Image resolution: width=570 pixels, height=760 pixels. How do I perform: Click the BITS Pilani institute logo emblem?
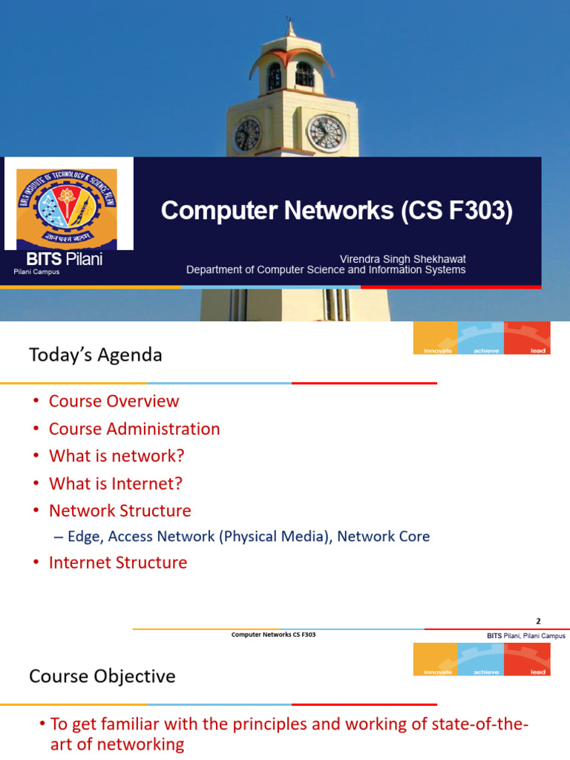pyautogui.click(x=69, y=207)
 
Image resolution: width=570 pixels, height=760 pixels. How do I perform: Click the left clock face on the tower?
pyautogui.click(x=247, y=134)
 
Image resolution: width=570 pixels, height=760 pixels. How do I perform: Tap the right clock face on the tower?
pyautogui.click(x=327, y=133)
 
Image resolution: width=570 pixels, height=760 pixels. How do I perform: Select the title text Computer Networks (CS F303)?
pyautogui.click(x=336, y=212)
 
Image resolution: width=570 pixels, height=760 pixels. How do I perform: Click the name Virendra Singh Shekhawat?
pyautogui.click(x=402, y=258)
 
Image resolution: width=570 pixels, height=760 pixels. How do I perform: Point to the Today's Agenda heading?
pyautogui.click(x=95, y=355)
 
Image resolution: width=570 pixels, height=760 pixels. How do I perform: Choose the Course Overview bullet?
pyautogui.click(x=114, y=401)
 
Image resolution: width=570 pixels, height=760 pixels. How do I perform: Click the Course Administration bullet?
pyautogui.click(x=134, y=428)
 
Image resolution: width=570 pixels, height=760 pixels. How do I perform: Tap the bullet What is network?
pyautogui.click(x=117, y=456)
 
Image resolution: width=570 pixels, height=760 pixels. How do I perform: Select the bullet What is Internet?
pyautogui.click(x=115, y=483)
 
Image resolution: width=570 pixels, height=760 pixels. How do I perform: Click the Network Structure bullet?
pyautogui.click(x=119, y=511)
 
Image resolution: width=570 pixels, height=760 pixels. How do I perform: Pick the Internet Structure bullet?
pyautogui.click(x=118, y=563)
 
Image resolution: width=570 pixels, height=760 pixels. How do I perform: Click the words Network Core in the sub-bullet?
pyautogui.click(x=383, y=536)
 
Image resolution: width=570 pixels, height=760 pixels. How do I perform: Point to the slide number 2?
pyautogui.click(x=539, y=621)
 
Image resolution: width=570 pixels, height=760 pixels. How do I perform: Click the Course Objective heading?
pyautogui.click(x=102, y=676)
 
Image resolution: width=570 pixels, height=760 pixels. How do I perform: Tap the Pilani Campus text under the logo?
pyautogui.click(x=36, y=272)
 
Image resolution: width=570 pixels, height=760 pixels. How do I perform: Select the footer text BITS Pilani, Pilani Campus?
pyautogui.click(x=525, y=636)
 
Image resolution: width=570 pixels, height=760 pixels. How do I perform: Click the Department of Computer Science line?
pyautogui.click(x=326, y=270)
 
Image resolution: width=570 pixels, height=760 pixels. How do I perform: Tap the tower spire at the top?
pyautogui.click(x=290, y=28)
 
